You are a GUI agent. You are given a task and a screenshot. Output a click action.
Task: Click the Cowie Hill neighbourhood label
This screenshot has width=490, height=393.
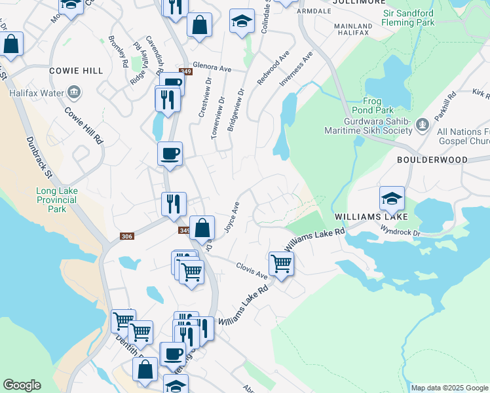pyautogui.click(x=75, y=70)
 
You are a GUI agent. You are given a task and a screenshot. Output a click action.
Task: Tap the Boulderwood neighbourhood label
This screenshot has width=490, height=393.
pyautogui.click(x=432, y=159)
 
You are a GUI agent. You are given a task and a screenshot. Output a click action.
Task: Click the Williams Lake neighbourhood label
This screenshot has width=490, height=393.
pyautogui.click(x=371, y=216)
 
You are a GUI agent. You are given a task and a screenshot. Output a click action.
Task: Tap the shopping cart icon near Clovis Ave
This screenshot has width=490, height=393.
pyautogui.click(x=281, y=263)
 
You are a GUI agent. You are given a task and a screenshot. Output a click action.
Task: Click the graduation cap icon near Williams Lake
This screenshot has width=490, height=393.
pyautogui.click(x=392, y=197)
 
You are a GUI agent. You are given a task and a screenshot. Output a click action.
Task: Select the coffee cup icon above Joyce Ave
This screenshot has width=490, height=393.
pyautogui.click(x=170, y=154)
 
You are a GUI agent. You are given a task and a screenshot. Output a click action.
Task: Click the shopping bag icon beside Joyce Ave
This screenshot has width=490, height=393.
pyautogui.click(x=202, y=228)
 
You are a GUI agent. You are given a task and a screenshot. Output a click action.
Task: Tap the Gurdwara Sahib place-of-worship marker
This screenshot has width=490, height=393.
pyautogui.click(x=423, y=123)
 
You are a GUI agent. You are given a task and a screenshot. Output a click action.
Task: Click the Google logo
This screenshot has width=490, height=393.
pyautogui.click(x=22, y=385)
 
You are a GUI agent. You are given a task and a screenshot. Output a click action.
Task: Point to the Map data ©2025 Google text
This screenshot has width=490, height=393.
pyautogui.click(x=449, y=388)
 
